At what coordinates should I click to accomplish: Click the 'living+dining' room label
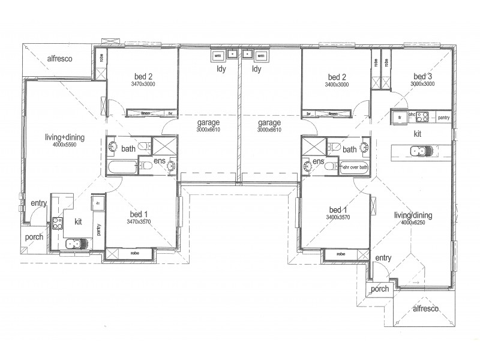tap(65, 137)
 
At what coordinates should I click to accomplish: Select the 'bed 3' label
tap(422, 77)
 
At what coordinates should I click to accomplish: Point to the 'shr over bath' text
tap(354, 168)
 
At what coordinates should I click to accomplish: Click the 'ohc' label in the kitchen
tap(412, 114)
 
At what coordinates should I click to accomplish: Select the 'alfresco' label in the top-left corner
tap(59, 59)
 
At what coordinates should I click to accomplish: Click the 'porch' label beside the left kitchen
tap(34, 237)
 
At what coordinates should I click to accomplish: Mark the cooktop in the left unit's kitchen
tap(58, 224)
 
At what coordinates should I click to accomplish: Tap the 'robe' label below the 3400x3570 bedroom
tap(341, 254)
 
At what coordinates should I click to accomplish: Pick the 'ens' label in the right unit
tap(318, 163)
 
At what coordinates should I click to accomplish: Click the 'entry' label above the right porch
tap(383, 258)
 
